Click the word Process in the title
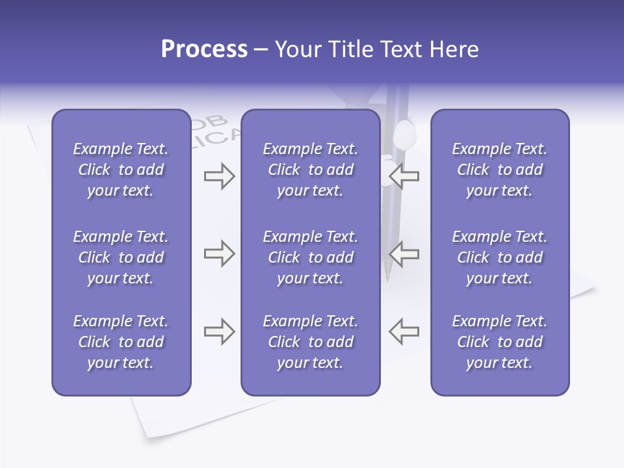point(204,49)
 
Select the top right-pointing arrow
point(219,176)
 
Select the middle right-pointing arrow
point(219,253)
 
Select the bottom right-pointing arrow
point(219,331)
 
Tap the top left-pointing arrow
point(404,176)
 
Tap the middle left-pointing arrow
point(404,253)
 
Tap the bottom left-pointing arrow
point(404,331)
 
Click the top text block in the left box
point(121,170)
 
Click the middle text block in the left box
point(121,257)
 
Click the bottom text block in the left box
point(121,342)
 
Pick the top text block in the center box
point(310,170)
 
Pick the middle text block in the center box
point(310,257)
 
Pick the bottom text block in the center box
point(310,342)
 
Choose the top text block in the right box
point(500,170)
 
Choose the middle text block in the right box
point(500,257)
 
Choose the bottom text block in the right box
point(500,342)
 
